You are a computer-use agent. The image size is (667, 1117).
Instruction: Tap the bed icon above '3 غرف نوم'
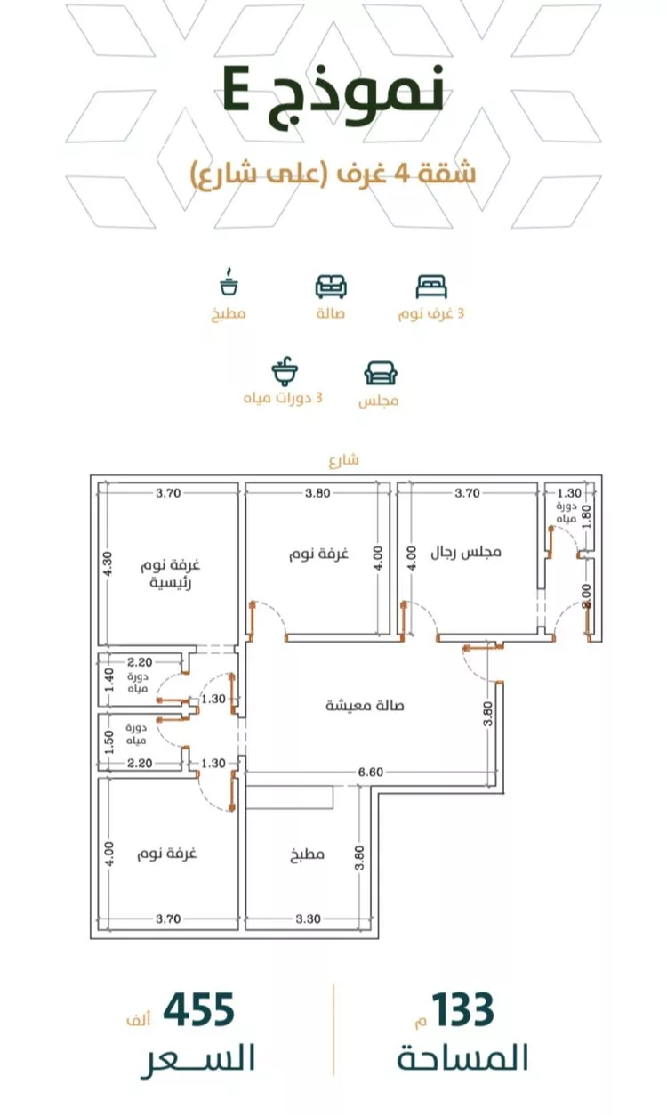pos(431,287)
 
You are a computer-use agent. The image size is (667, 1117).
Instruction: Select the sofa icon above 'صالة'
pos(331,287)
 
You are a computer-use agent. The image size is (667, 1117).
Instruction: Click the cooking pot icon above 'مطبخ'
pos(229,283)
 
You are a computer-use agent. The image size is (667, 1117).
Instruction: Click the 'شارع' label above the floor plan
pos(342,460)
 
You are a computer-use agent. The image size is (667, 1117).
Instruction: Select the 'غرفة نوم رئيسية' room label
pos(173,574)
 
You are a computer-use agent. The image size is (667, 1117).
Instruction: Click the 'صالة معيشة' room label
pos(365,705)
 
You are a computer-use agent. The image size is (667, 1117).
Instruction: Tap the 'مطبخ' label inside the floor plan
pos(306,855)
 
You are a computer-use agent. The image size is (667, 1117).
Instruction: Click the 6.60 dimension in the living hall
pos(370,772)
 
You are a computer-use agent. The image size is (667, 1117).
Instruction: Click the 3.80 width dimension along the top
pos(317,492)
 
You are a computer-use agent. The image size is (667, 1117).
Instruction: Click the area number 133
pos(459,1010)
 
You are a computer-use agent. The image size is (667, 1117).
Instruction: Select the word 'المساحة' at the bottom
pos(462,1059)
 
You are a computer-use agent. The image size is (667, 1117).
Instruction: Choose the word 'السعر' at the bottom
pos(197,1059)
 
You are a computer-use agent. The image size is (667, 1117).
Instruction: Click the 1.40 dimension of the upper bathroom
pos(109,678)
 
